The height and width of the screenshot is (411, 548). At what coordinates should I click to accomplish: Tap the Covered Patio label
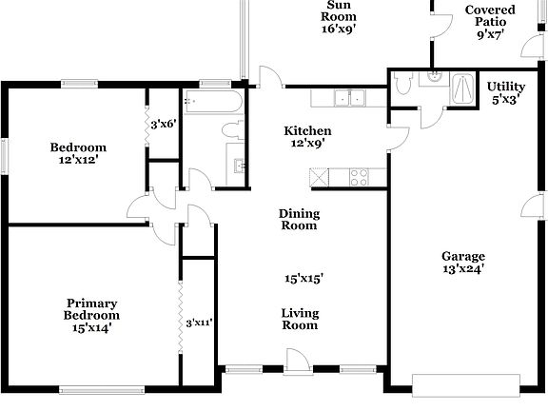[490, 16]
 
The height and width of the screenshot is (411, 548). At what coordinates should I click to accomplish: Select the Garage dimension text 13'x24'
[463, 269]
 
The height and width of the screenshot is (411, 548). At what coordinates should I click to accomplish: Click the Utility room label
[506, 86]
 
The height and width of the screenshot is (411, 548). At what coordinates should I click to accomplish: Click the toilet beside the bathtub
[231, 128]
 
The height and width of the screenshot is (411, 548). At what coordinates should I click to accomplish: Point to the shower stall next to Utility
[463, 88]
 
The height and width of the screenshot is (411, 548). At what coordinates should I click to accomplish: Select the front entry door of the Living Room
[297, 359]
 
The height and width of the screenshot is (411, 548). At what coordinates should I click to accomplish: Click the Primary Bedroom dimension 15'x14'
[91, 327]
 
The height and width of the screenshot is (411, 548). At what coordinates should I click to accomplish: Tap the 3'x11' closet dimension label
[199, 323]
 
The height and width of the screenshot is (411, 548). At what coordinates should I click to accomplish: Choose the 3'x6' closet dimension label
[163, 124]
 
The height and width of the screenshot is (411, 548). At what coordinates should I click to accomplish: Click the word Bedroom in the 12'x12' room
[78, 147]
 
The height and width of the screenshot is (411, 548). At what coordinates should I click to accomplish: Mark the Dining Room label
[299, 220]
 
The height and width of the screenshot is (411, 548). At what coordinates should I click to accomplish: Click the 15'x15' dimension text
[303, 279]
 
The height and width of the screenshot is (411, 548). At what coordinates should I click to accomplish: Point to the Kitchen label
[308, 130]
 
